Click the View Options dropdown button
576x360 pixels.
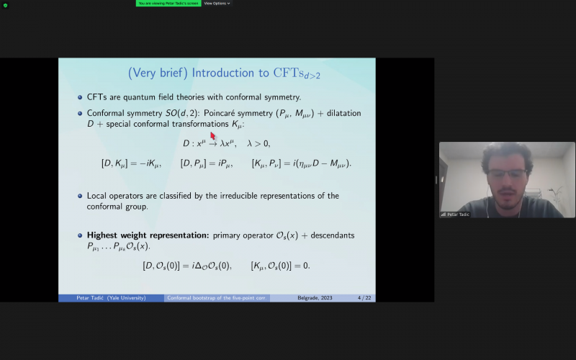click(217, 4)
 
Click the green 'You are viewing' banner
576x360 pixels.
click(168, 4)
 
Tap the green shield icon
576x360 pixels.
click(5, 5)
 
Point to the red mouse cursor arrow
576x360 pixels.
click(212, 135)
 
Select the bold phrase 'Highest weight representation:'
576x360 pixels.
click(148, 235)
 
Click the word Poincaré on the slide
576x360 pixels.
click(219, 113)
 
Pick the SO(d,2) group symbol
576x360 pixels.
click(182, 113)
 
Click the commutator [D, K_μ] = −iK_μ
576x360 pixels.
click(131, 163)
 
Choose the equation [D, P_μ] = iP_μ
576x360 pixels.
click(207, 163)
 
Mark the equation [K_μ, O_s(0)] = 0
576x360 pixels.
click(280, 266)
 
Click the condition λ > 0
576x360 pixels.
click(258, 143)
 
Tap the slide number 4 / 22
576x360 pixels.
click(364, 298)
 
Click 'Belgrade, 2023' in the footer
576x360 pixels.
click(315, 298)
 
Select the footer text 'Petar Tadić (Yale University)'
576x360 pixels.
click(111, 298)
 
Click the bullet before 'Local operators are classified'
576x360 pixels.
click(80, 196)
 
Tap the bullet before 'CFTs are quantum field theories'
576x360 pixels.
click(80, 97)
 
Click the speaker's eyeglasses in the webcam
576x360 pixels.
click(508, 174)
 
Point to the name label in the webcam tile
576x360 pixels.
click(455, 215)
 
